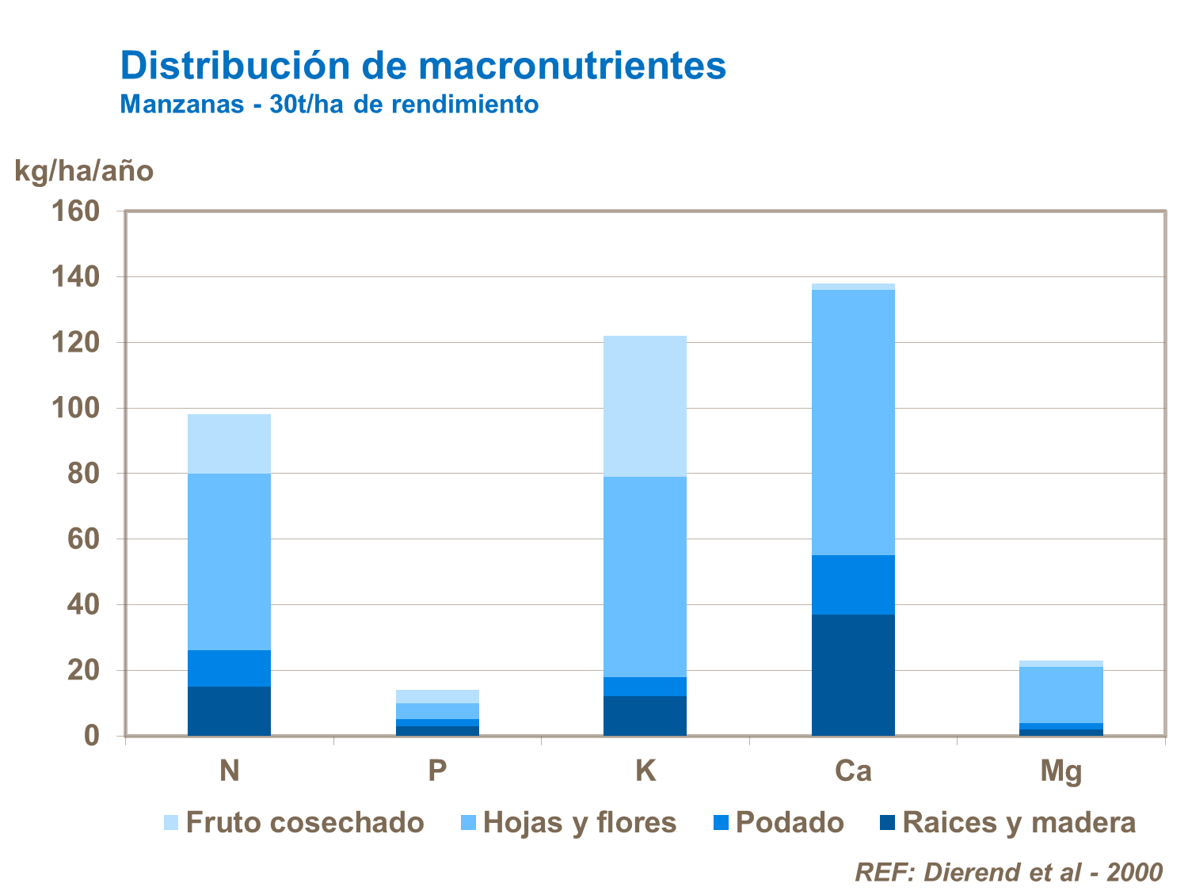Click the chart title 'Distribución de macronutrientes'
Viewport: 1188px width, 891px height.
click(x=423, y=66)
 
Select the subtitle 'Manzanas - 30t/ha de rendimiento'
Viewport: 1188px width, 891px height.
click(x=329, y=105)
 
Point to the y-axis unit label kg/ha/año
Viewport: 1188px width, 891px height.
click(x=84, y=171)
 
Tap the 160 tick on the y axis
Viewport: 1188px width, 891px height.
click(x=75, y=211)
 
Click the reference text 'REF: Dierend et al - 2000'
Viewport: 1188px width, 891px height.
click(x=1008, y=872)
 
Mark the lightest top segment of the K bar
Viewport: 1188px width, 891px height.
click(x=645, y=406)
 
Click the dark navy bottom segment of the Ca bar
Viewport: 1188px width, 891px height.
click(x=853, y=675)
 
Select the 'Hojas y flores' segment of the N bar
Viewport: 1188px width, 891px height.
click(x=229, y=562)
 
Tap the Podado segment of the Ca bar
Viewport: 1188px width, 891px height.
click(x=853, y=584)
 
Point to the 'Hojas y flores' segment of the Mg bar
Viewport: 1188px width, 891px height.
click(x=1060, y=695)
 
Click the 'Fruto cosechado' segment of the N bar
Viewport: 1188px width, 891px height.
click(x=229, y=444)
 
